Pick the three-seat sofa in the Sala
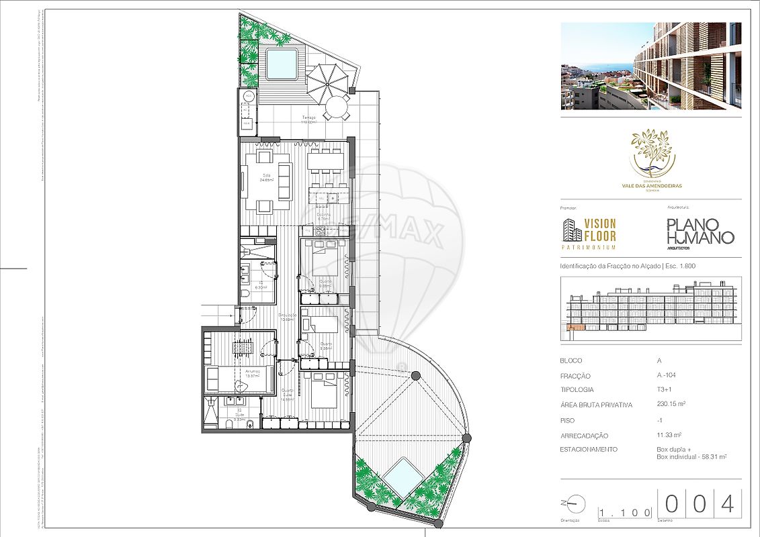[x=284, y=181]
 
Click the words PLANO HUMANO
[x=700, y=232]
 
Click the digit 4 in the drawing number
[x=727, y=504]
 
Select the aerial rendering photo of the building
[x=650, y=66]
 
